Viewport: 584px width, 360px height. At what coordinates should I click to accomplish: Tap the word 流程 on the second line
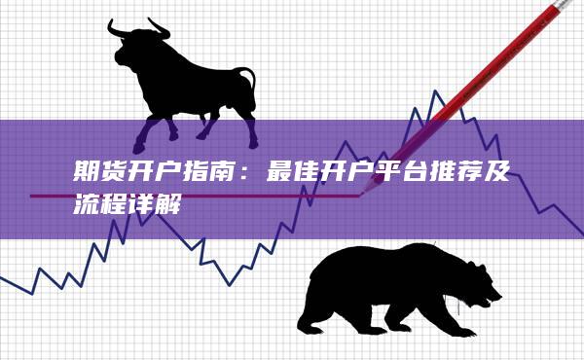(x=108, y=208)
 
